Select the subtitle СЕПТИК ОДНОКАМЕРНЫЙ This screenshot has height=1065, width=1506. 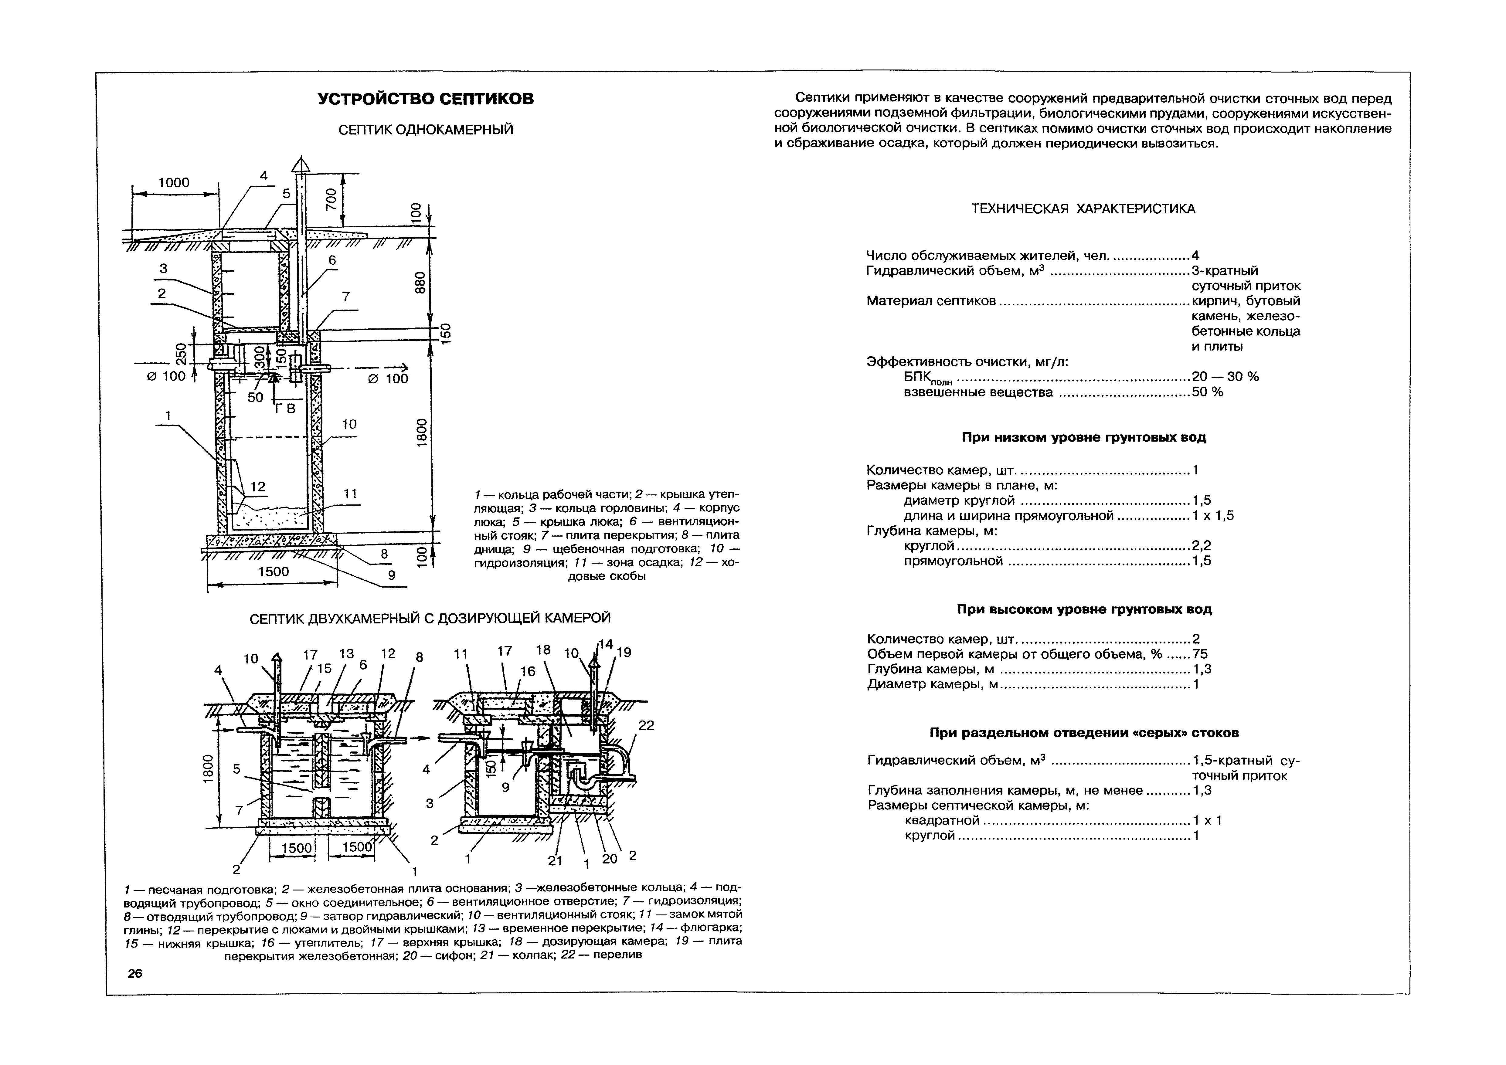click(x=426, y=130)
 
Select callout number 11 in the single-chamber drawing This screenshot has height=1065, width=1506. click(x=350, y=493)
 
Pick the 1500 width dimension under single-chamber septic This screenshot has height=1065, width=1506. click(x=274, y=571)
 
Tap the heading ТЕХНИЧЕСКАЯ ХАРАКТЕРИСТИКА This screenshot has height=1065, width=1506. click(x=1083, y=209)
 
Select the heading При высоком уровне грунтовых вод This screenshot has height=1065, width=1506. click(x=1084, y=609)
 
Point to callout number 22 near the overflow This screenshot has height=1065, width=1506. click(x=646, y=725)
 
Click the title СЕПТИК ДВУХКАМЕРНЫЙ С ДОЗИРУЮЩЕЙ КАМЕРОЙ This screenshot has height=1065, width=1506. click(x=430, y=618)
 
